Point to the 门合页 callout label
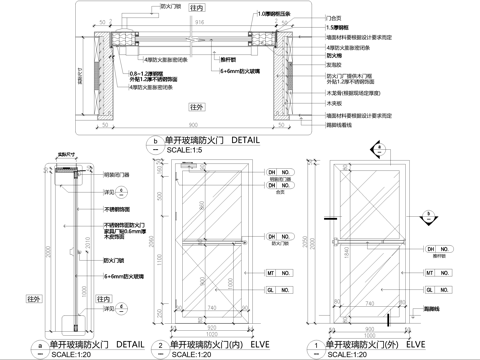click(335, 17)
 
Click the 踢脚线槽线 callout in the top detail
click(341, 125)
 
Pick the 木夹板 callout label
click(336, 103)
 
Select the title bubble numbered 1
click(318, 343)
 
